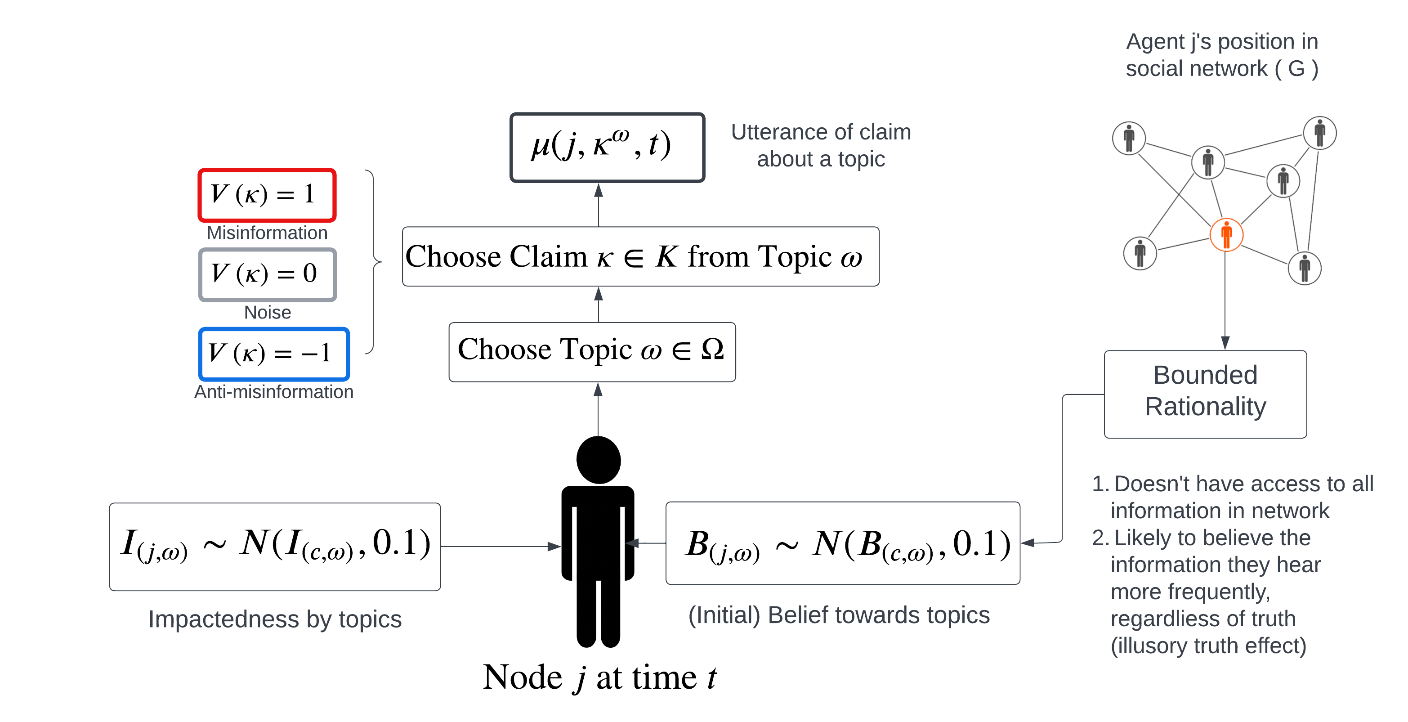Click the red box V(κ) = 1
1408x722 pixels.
pyautogui.click(x=267, y=195)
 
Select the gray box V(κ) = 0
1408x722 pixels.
pyautogui.click(x=267, y=274)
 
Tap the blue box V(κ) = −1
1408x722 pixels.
pyautogui.click(x=274, y=353)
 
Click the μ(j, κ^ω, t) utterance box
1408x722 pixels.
pyautogui.click(x=607, y=147)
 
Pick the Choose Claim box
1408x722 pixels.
pyautogui.click(x=640, y=256)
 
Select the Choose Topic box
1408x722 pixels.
pyautogui.click(x=592, y=352)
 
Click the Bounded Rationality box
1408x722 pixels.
pyautogui.click(x=1205, y=394)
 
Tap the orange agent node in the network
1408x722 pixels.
pyautogui.click(x=1226, y=235)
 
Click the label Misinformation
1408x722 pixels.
pyautogui.click(x=267, y=233)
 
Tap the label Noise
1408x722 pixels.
pyautogui.click(x=267, y=312)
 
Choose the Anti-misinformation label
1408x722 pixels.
pyautogui.click(x=274, y=392)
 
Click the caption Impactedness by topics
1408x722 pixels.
pyautogui.click(x=275, y=619)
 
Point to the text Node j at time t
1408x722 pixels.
pyautogui.click(x=599, y=677)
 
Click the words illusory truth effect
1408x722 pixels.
pyautogui.click(x=1208, y=646)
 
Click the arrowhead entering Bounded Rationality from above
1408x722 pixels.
pyautogui.click(x=1225, y=343)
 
